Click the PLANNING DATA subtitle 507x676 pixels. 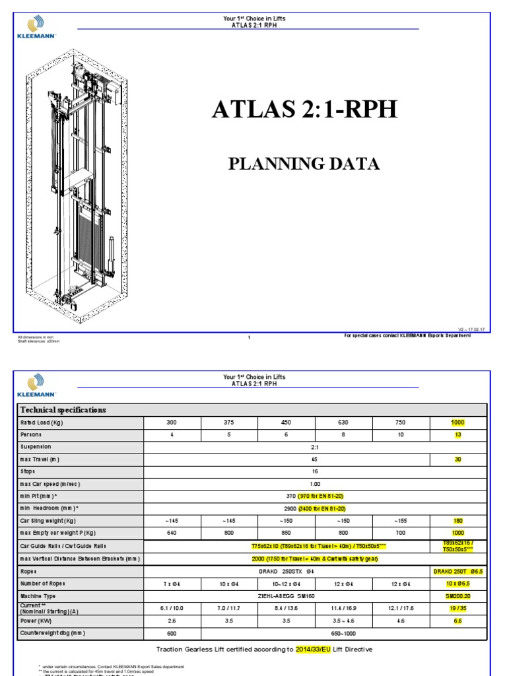(x=304, y=164)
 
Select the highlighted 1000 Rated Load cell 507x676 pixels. (x=457, y=422)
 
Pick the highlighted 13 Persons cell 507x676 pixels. (x=457, y=435)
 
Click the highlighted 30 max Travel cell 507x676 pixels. (x=457, y=459)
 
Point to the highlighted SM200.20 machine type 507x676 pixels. (x=457, y=595)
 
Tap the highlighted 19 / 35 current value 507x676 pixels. (x=457, y=608)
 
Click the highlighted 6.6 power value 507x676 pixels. (x=457, y=621)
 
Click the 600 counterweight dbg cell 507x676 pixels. (x=172, y=633)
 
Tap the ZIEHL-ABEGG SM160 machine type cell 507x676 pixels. (x=287, y=595)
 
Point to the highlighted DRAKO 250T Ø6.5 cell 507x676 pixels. (x=457, y=571)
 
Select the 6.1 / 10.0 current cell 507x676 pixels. (x=172, y=608)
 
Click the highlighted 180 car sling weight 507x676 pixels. (x=457, y=521)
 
